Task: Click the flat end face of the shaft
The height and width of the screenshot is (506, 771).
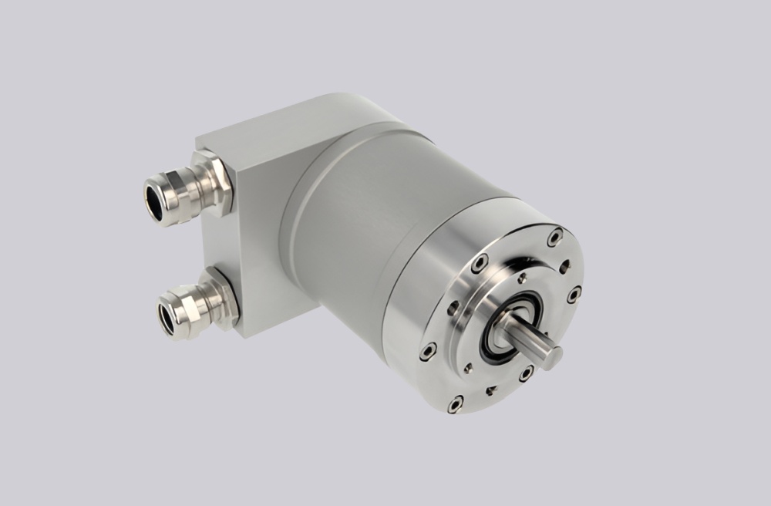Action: pos(552,356)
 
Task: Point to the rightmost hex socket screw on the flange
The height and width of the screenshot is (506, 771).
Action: pos(574,293)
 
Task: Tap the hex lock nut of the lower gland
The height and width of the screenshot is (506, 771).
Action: pos(221,298)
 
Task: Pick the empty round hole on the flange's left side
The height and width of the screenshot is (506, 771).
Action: pos(450,312)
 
